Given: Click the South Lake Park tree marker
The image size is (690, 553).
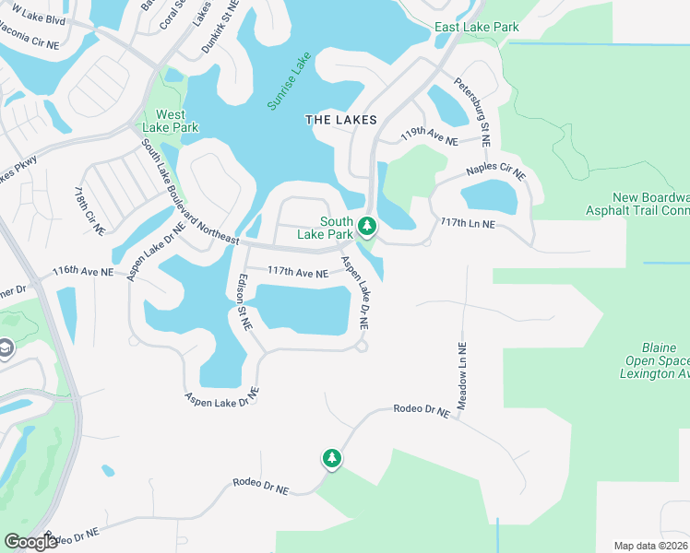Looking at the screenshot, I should click(367, 226).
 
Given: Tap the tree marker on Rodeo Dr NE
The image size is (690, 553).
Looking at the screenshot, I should click(331, 458).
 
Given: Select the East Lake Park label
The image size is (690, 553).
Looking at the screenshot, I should click(477, 28).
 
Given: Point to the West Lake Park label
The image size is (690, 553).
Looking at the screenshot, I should click(171, 122).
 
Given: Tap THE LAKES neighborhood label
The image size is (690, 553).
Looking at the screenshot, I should click(341, 121).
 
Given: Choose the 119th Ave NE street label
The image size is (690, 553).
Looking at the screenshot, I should click(429, 136).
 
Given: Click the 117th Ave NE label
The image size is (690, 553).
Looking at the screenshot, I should click(297, 273).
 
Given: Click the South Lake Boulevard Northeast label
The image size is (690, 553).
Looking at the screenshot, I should click(190, 194).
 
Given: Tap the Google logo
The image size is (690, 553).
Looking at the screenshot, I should click(30, 542).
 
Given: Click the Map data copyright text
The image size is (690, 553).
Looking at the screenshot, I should click(650, 546).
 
